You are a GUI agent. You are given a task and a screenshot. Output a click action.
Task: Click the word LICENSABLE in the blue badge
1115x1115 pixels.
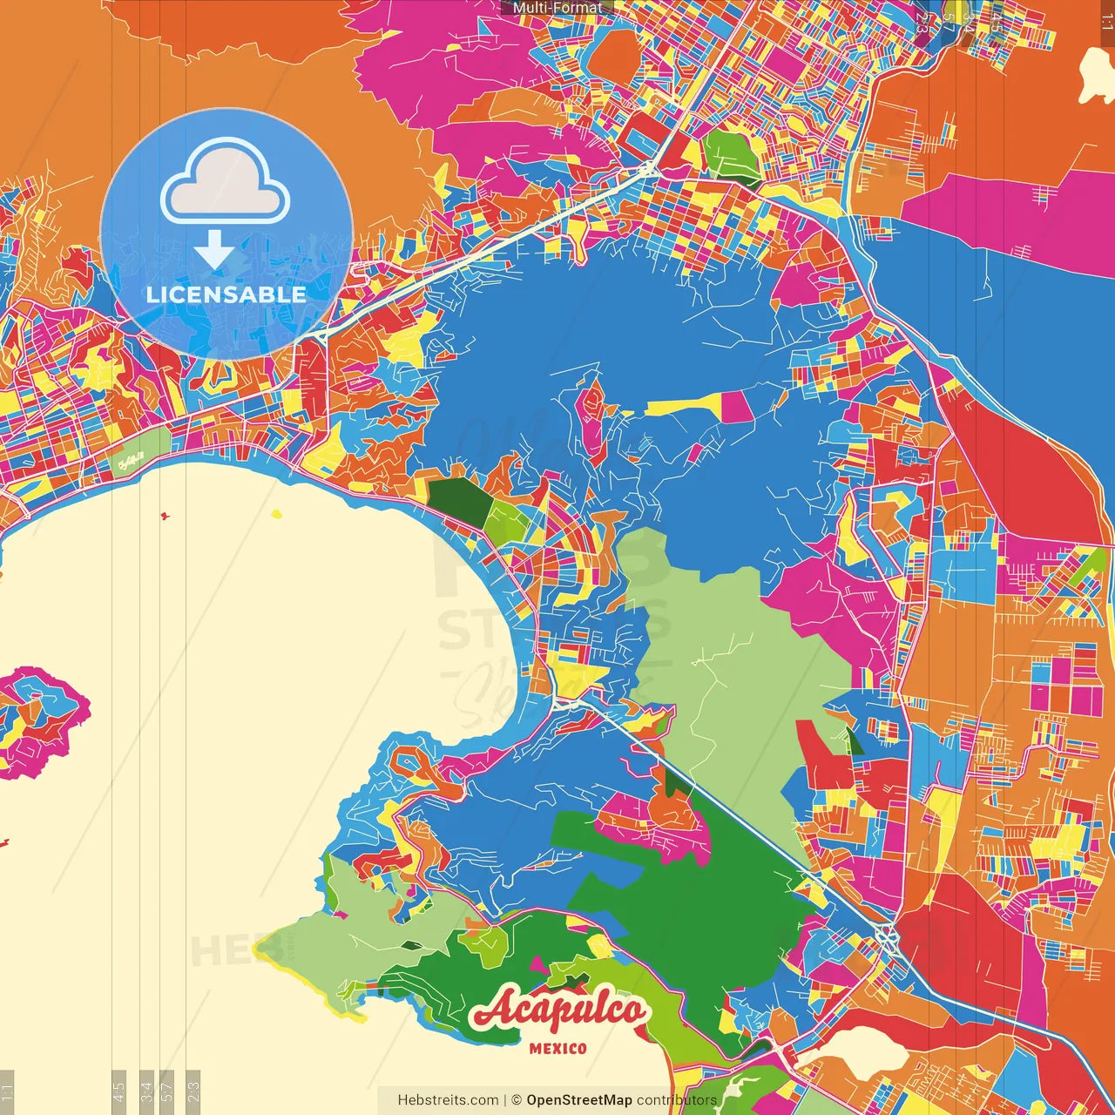(226, 294)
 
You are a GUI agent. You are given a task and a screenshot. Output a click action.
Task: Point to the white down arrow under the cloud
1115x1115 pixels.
(214, 251)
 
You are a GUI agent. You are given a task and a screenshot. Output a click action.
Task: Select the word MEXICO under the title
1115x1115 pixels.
(558, 1049)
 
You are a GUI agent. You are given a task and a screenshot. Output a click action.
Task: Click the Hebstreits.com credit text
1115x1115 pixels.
(448, 1100)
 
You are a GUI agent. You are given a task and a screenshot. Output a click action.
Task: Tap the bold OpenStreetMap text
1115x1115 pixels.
(578, 1100)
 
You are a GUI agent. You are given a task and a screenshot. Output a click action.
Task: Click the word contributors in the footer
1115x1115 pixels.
(676, 1100)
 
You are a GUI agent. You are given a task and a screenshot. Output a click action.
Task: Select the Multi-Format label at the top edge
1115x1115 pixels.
(557, 8)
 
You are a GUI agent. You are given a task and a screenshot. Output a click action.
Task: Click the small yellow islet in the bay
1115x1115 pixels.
(277, 515)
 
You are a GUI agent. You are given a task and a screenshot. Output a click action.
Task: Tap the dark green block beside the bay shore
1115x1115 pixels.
(456, 500)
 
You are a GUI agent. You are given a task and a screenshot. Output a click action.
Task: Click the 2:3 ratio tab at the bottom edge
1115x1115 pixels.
(193, 1089)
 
